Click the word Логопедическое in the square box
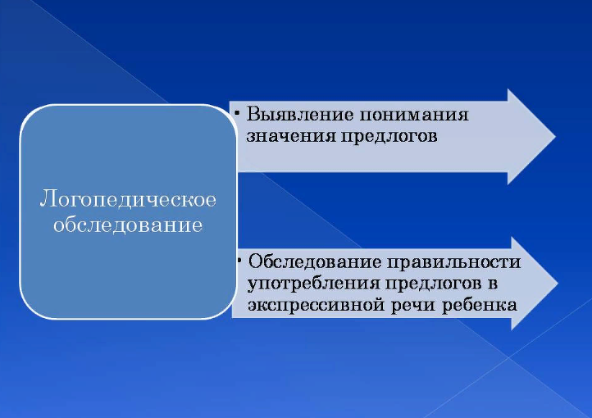128,199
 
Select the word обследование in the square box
128,225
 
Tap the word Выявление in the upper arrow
300,114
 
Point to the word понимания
414,115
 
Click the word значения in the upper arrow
291,135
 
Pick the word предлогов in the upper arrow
389,136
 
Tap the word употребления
313,284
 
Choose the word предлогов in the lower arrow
434,284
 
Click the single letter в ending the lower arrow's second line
493,284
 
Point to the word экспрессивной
316,305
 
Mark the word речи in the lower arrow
413,305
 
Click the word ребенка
480,304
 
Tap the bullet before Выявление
237,112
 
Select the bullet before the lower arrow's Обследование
239,260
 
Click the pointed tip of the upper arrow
555,137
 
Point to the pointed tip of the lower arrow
558,283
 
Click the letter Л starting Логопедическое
46,198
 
